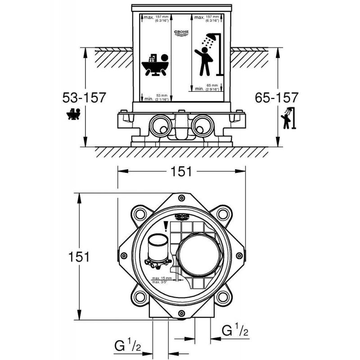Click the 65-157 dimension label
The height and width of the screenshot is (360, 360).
[275, 98]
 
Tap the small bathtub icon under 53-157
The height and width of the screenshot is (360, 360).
[73, 115]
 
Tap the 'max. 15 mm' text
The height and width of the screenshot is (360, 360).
[162, 278]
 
